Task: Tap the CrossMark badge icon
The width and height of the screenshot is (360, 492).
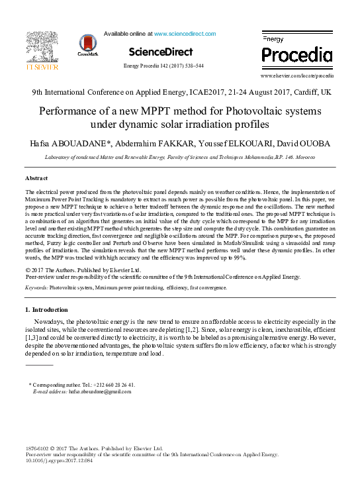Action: (x=87, y=45)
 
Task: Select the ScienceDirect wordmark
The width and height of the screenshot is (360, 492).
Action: (x=161, y=52)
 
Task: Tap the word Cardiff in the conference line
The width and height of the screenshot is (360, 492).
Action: (x=302, y=93)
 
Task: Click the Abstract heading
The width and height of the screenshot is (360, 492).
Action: (x=37, y=178)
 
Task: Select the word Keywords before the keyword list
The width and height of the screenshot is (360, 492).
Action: (x=36, y=287)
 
